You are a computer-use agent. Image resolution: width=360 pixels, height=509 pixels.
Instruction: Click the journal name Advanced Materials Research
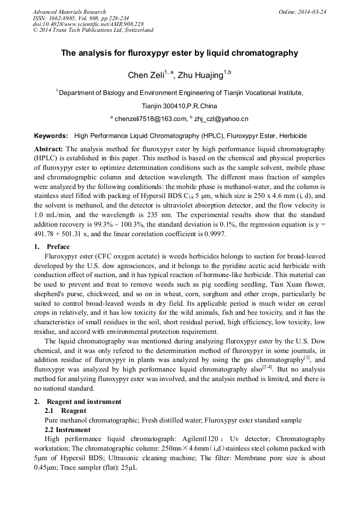pos(69,12)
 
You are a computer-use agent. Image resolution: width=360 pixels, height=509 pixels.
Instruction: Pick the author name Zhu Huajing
pos(200,75)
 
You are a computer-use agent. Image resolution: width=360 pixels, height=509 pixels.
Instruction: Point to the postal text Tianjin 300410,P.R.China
pos(179,106)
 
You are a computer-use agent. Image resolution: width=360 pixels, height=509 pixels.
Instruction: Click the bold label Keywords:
pos(51,136)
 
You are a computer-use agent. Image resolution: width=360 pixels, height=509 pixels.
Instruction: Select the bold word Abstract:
pos(49,149)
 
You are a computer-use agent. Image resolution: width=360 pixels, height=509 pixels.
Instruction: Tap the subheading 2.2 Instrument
pos(67,429)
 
